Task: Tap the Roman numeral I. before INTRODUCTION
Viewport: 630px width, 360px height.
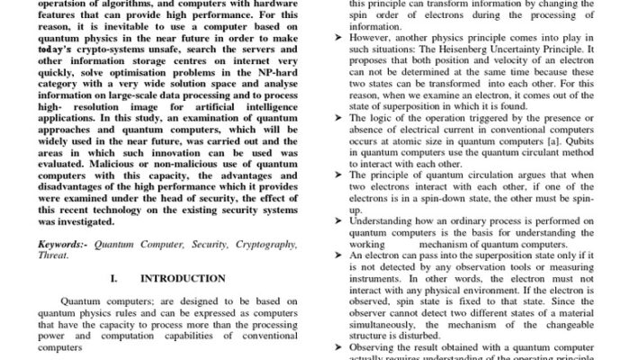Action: coord(114,279)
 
